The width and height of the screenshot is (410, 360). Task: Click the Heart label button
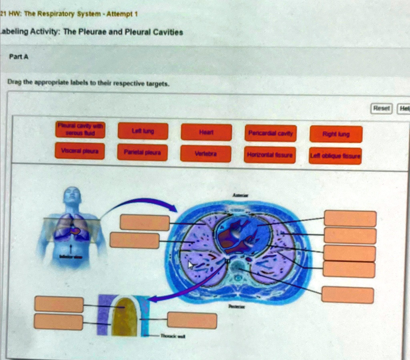(x=206, y=132)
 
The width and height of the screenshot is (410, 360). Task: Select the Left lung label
(x=143, y=131)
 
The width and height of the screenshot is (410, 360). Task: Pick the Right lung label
(x=336, y=134)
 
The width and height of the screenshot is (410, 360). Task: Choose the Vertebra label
(x=205, y=154)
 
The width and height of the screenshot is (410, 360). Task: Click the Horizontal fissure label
(x=270, y=155)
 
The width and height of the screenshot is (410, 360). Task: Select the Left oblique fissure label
(x=336, y=156)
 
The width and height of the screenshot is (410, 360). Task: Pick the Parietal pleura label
(x=143, y=152)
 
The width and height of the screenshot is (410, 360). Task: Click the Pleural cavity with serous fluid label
(x=80, y=128)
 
